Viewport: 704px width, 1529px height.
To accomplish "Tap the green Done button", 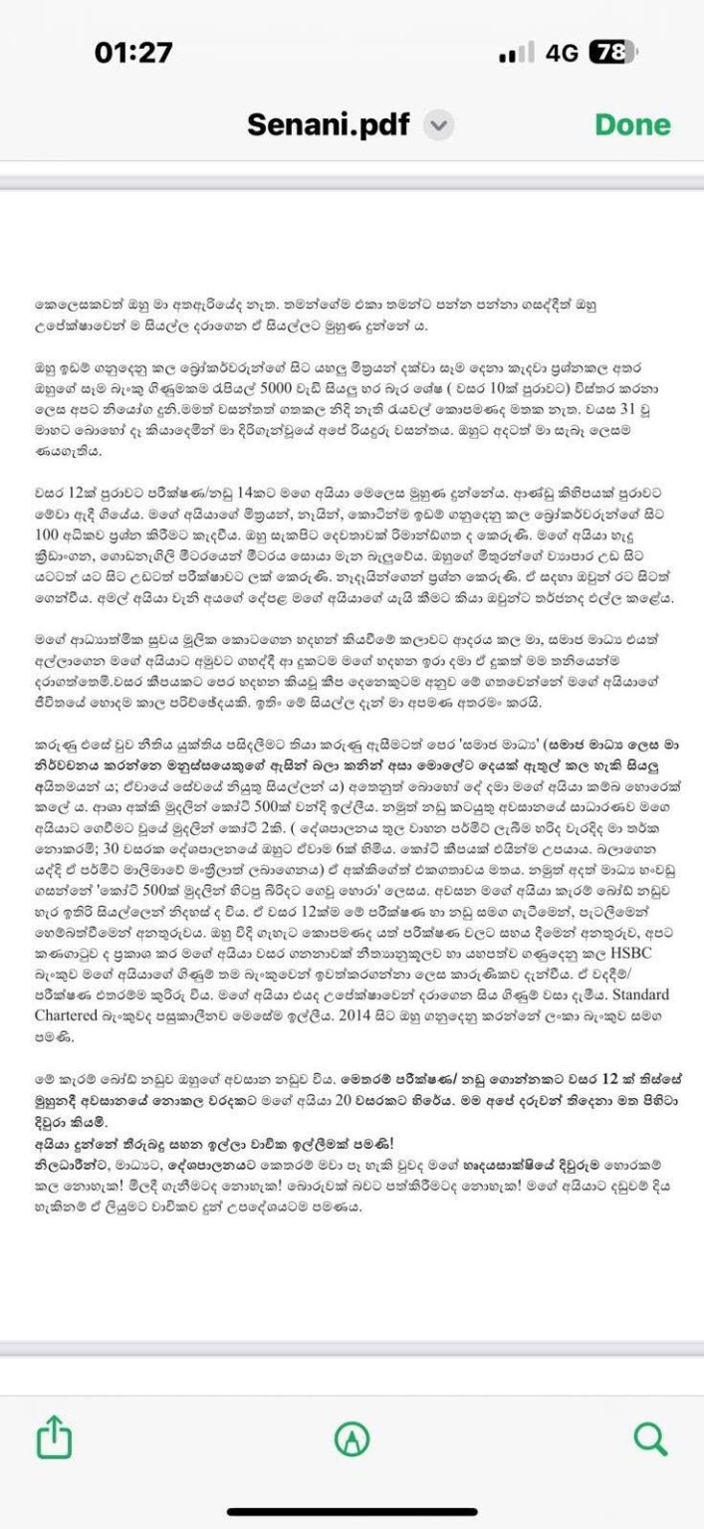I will (632, 124).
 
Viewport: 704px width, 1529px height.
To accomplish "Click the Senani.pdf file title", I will (331, 125).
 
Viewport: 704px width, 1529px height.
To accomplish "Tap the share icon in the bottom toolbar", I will (54, 1436).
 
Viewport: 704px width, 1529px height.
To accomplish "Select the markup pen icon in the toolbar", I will (352, 1437).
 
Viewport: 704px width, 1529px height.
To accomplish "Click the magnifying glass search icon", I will (649, 1436).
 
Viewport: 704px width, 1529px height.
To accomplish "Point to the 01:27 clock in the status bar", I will (133, 52).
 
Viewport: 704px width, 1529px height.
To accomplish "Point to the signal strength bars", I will (516, 53).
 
